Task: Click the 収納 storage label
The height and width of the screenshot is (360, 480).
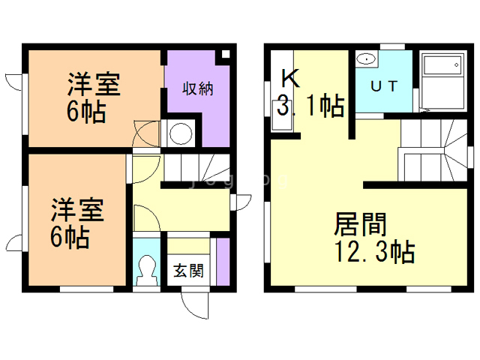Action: pyautogui.click(x=199, y=89)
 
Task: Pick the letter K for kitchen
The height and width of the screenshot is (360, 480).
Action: pyautogui.click(x=289, y=77)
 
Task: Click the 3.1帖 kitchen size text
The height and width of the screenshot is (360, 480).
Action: pyautogui.click(x=310, y=106)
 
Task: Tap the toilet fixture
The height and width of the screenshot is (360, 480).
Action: pyautogui.click(x=145, y=271)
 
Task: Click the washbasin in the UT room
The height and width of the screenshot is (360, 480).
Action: pyautogui.click(x=367, y=59)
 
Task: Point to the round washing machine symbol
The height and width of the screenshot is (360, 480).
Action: pyautogui.click(x=180, y=133)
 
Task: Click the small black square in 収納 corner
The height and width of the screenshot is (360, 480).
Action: pyautogui.click(x=223, y=56)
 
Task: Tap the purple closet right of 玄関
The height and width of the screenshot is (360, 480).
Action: pyautogui.click(x=222, y=260)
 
